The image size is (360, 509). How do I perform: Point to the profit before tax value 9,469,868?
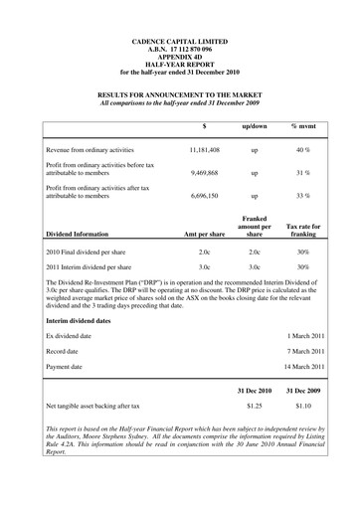coord(203,172)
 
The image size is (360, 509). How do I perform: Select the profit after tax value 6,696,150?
coord(203,197)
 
